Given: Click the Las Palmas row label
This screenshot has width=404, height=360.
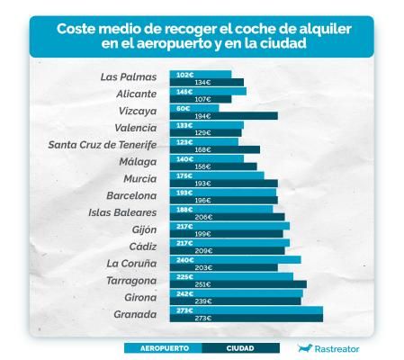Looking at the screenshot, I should pyautogui.click(x=129, y=76).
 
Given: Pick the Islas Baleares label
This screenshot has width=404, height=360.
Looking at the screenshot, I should pyautogui.click(x=122, y=212).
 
